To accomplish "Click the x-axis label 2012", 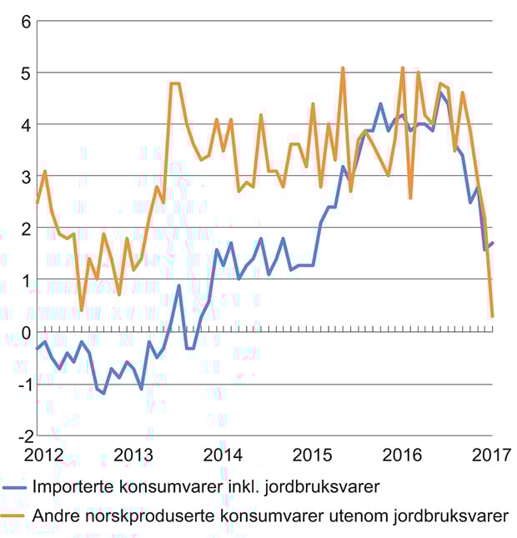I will point(43,455).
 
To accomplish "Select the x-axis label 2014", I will point(223,455).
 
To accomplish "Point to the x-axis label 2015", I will point(313,455).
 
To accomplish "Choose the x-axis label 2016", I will point(403,455).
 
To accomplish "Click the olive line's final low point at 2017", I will point(492,316).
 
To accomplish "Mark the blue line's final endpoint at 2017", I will point(492,244).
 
